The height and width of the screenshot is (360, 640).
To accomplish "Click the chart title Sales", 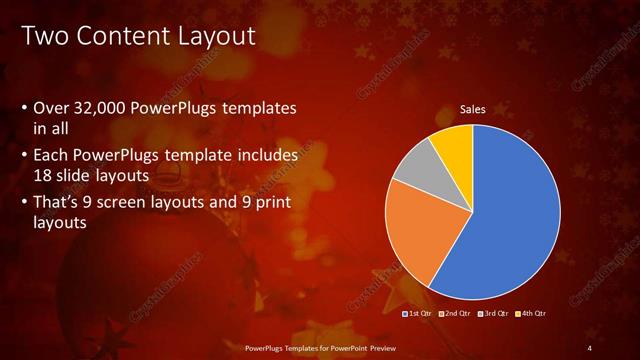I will click(x=472, y=109).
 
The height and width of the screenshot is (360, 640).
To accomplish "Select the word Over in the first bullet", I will click(x=51, y=108).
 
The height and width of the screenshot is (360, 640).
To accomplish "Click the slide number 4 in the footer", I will click(x=590, y=347).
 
